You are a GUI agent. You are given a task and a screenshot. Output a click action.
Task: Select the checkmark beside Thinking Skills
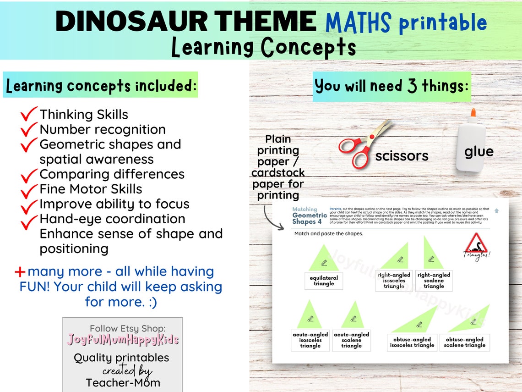(x=29, y=114)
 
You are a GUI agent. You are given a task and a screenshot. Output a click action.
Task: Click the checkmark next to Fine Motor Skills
(x=29, y=189)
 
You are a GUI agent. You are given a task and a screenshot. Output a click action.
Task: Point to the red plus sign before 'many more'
(x=20, y=272)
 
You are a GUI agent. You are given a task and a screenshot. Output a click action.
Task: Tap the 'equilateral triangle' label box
(x=324, y=281)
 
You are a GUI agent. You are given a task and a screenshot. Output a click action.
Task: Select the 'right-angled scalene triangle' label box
(x=434, y=281)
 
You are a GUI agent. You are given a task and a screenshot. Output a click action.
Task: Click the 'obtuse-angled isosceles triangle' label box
(x=412, y=342)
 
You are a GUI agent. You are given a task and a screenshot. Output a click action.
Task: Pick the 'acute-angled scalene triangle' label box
(x=351, y=340)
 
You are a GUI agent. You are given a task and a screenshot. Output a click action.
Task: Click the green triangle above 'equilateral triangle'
(x=324, y=259)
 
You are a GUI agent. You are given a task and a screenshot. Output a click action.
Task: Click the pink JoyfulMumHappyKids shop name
(x=123, y=340)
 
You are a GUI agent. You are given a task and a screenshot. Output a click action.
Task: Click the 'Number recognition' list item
(x=103, y=129)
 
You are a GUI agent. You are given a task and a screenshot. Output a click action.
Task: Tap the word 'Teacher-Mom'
(x=123, y=382)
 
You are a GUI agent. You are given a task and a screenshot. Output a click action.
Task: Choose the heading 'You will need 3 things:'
(x=392, y=86)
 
